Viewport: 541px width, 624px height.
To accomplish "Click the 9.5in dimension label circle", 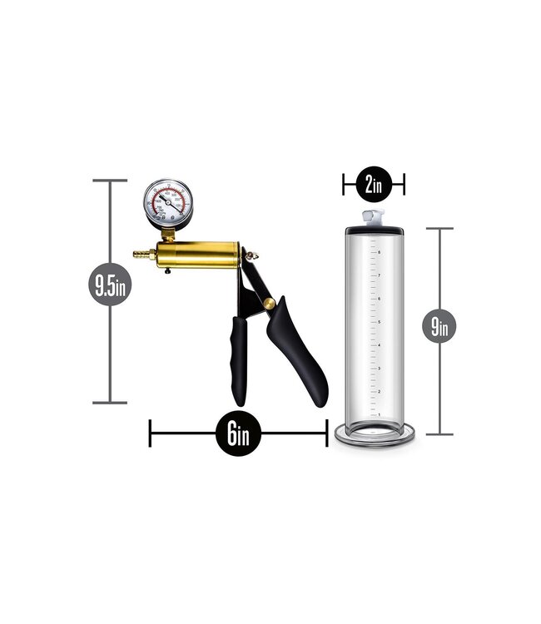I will pyautogui.click(x=109, y=288).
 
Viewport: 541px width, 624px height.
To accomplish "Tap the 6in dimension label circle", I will pyautogui.click(x=237, y=433).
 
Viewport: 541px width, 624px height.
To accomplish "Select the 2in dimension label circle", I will pyautogui.click(x=373, y=185).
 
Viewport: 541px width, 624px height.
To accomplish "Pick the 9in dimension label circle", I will pyautogui.click(x=439, y=326).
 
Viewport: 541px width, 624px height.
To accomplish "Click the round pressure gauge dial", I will pyautogui.click(x=169, y=202).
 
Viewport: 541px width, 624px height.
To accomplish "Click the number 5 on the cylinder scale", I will pyautogui.click(x=380, y=321).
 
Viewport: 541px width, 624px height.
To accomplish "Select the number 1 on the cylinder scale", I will pyautogui.click(x=380, y=414).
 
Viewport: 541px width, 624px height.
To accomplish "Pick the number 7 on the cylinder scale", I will pyautogui.click(x=380, y=275).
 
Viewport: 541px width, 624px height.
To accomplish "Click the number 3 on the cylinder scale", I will pyautogui.click(x=380, y=367).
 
